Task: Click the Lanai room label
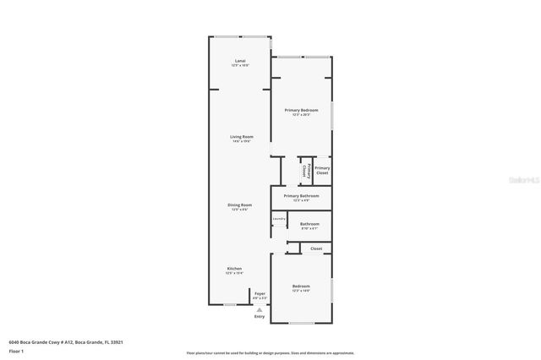click(240, 61)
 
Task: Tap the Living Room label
click(242, 136)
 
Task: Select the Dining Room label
click(240, 205)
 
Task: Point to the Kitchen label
click(234, 268)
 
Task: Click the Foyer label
click(260, 293)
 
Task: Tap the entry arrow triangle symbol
click(260, 310)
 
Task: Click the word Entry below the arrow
click(260, 317)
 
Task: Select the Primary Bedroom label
click(301, 111)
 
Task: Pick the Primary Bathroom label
click(301, 196)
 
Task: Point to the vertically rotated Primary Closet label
click(304, 170)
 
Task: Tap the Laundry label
click(279, 219)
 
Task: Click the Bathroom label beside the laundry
click(309, 224)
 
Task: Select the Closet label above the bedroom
click(316, 248)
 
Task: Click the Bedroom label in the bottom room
click(301, 286)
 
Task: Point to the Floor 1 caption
click(16, 350)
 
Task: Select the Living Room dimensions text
click(242, 141)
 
